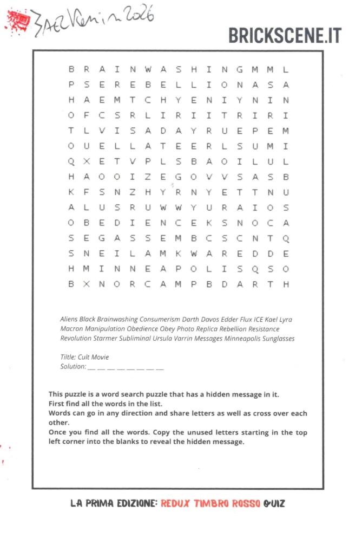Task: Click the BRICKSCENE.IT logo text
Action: tap(285, 35)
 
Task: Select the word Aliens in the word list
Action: tap(69, 319)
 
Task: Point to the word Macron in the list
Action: tap(71, 329)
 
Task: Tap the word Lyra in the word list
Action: tap(285, 319)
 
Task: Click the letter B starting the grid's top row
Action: tap(71, 70)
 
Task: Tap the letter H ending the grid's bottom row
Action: tap(286, 284)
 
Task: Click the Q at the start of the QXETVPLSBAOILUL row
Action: tap(71, 161)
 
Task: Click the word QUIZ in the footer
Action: tap(274, 503)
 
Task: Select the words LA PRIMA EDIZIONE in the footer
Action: tap(114, 503)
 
